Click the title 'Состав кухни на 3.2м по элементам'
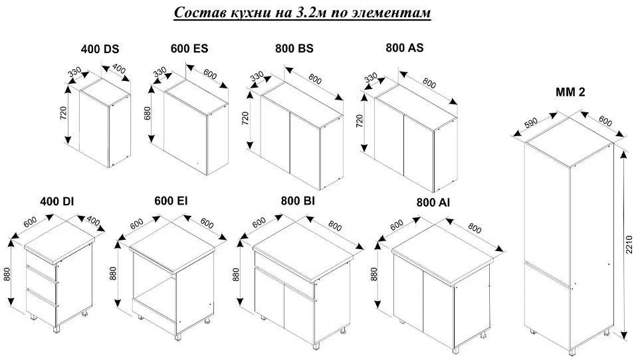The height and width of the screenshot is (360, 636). (x=302, y=12)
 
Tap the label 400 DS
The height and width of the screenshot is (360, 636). (x=100, y=49)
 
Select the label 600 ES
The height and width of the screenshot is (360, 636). (x=189, y=48)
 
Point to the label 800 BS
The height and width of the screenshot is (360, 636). (x=294, y=48)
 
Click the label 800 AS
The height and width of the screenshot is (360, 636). (x=405, y=48)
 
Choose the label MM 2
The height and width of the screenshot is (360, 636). (x=570, y=92)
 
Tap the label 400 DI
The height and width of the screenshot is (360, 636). (x=57, y=201)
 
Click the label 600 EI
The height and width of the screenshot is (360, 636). (x=171, y=201)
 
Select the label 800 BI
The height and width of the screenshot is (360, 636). (x=298, y=201)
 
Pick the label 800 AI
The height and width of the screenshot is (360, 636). (x=433, y=203)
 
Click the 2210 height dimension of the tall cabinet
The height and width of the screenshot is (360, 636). (x=629, y=244)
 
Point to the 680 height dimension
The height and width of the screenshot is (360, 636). (x=148, y=112)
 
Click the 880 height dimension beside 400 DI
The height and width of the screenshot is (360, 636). (x=7, y=274)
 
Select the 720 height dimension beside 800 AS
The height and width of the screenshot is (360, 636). (x=360, y=121)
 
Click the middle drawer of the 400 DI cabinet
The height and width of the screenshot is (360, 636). (x=41, y=280)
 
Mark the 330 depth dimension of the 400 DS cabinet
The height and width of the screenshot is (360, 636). (x=74, y=72)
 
